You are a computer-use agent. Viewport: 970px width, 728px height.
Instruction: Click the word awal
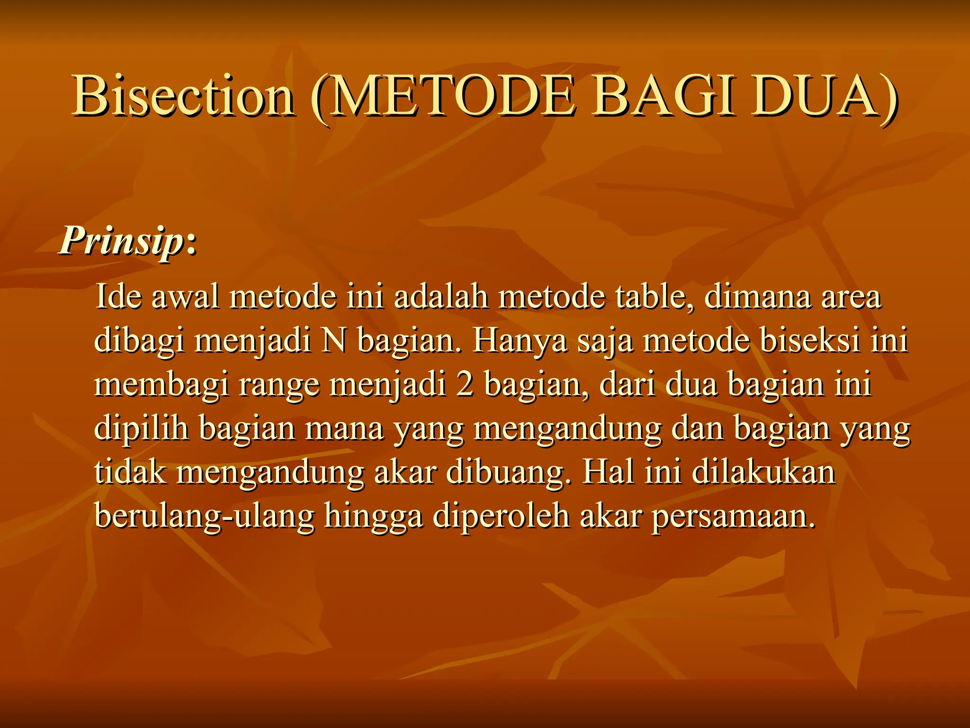click(185, 297)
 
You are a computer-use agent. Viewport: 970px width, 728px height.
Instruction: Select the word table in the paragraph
click(654, 297)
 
